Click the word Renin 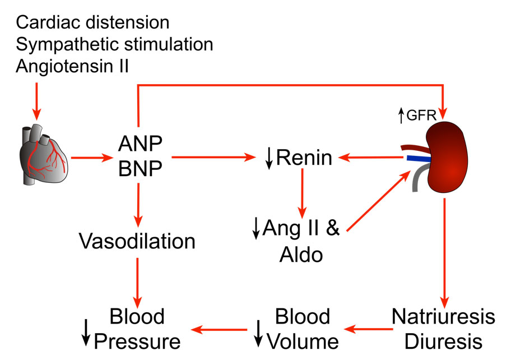(x=304, y=159)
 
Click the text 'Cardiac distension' (x=92, y=22)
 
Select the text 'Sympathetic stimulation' (x=115, y=44)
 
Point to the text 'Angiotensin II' (x=73, y=66)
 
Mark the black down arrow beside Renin (x=269, y=160)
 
